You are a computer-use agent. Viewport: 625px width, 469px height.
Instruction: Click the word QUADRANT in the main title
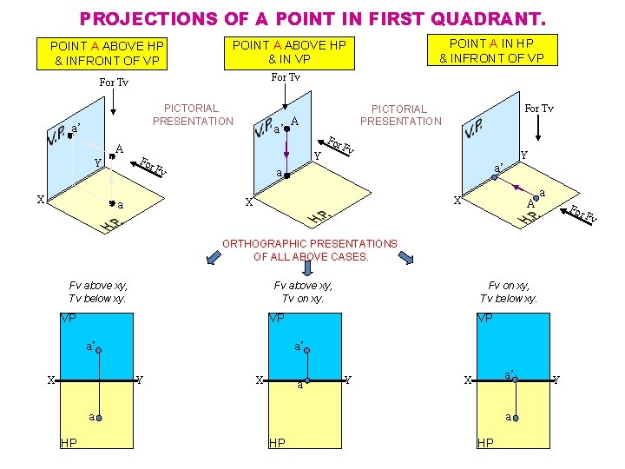point(488,18)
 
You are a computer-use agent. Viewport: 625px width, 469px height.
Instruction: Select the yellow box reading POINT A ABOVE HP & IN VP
point(289,53)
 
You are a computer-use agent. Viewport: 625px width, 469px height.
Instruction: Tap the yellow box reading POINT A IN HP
point(492,50)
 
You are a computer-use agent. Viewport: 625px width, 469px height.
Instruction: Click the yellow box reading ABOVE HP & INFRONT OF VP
point(102,54)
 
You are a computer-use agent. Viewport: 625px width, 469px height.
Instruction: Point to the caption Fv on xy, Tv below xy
point(508,292)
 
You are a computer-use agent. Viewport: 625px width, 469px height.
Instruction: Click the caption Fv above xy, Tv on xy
point(303,292)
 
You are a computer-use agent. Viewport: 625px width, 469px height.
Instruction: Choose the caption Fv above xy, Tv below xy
point(97,292)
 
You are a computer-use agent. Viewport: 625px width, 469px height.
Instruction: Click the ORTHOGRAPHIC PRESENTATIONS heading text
point(310,244)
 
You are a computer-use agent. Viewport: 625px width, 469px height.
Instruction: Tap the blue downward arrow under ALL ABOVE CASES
point(307,268)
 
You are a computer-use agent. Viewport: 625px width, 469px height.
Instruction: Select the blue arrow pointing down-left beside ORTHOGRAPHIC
point(214,257)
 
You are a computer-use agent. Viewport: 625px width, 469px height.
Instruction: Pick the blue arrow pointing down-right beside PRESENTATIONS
point(406,257)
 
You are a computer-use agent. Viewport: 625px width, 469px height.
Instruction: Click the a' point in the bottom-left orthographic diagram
point(98,350)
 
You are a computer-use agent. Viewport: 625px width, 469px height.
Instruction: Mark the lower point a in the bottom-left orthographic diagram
point(99,418)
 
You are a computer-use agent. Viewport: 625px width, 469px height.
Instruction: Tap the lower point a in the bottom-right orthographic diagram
point(516,418)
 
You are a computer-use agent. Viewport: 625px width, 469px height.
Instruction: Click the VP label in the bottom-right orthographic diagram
point(485,318)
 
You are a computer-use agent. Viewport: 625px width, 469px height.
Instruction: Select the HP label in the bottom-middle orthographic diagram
point(277,443)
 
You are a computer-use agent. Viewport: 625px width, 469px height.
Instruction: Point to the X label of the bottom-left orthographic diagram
point(51,380)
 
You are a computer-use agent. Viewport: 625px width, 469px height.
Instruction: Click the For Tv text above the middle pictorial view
point(286,77)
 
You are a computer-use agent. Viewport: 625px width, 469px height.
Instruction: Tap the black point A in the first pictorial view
point(112,156)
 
